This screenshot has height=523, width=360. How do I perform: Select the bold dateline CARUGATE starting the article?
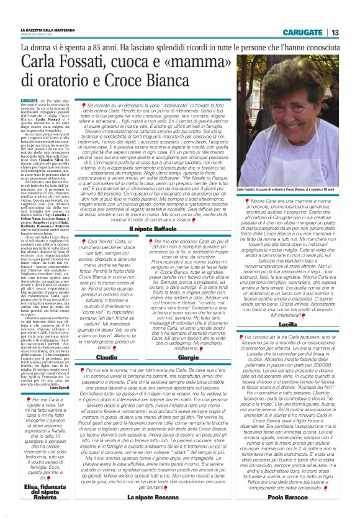tap(29, 100)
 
